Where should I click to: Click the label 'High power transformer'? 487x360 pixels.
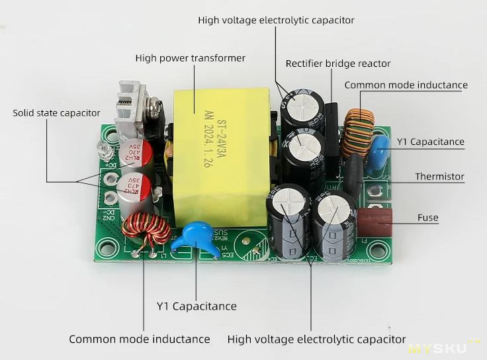click(190, 58)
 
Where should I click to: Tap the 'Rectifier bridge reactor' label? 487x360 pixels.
click(337, 64)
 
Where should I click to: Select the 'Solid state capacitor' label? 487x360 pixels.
click(56, 113)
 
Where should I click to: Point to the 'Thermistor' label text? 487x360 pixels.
click(439, 177)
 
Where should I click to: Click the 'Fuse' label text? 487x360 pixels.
click(427, 217)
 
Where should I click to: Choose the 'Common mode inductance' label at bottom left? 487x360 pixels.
click(139, 339)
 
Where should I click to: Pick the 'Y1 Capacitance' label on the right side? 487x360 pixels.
click(430, 142)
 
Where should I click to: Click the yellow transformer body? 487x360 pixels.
click(218, 165)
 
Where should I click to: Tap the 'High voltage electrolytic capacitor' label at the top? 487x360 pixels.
click(276, 21)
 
